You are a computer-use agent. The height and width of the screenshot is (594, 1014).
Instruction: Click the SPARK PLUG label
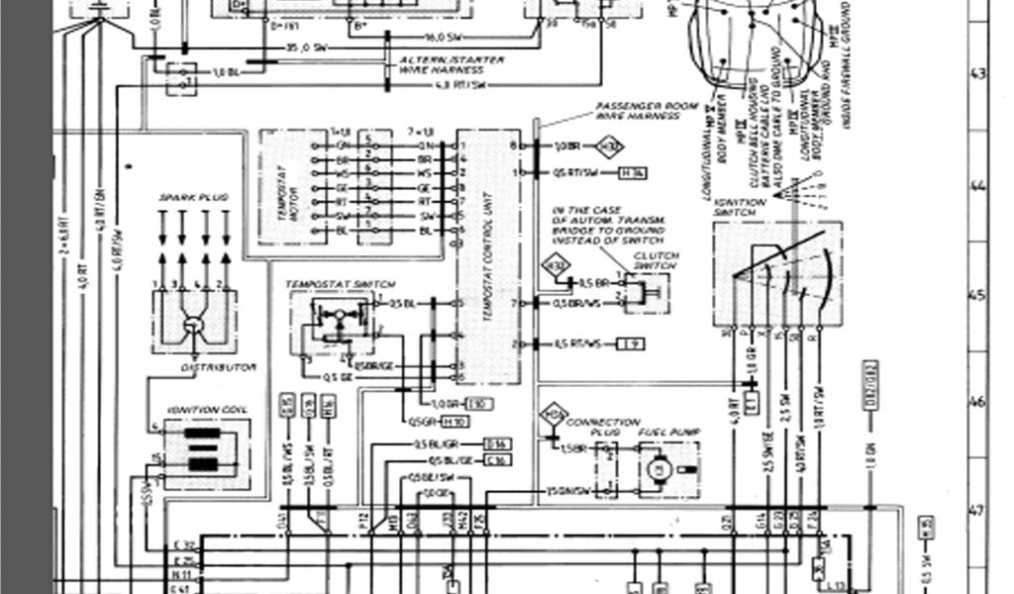pyautogui.click(x=193, y=198)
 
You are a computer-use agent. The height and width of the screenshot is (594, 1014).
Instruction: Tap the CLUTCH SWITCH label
pyautogui.click(x=656, y=260)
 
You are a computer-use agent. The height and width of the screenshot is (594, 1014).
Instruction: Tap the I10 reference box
pyautogui.click(x=479, y=404)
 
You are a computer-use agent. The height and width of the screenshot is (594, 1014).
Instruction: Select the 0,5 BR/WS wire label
pyautogui.click(x=576, y=303)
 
